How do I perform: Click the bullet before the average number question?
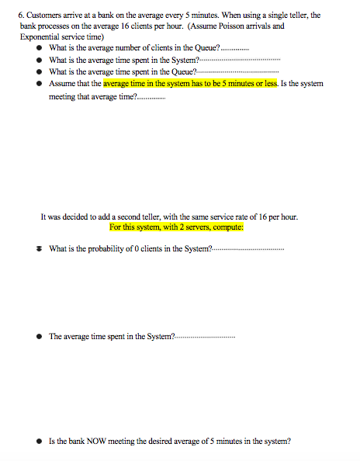[40, 48]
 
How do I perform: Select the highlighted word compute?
[228, 227]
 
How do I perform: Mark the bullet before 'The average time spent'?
[40, 336]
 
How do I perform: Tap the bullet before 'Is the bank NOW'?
[40, 441]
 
